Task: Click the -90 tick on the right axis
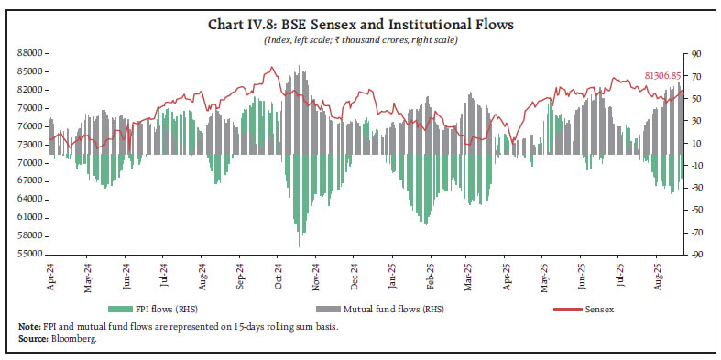click(682, 254)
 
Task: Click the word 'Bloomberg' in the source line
click(82, 339)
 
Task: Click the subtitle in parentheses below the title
click(360, 40)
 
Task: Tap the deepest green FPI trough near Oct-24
click(299, 245)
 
